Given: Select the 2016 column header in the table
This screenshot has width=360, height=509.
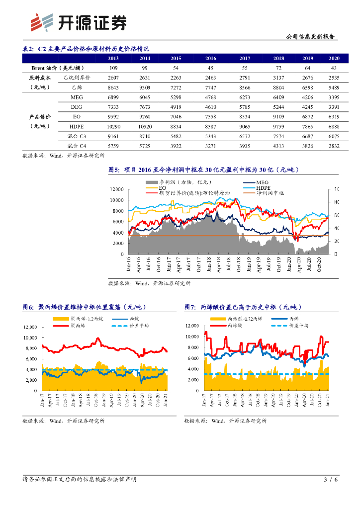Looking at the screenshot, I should (211, 59).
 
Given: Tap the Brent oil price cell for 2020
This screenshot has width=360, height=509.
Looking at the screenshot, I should (334, 68).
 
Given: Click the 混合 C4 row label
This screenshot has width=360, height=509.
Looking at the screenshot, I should (76, 146).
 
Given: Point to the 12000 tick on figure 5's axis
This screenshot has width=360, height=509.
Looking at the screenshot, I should (116, 189).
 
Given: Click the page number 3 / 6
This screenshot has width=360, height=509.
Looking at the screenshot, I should (330, 480).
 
